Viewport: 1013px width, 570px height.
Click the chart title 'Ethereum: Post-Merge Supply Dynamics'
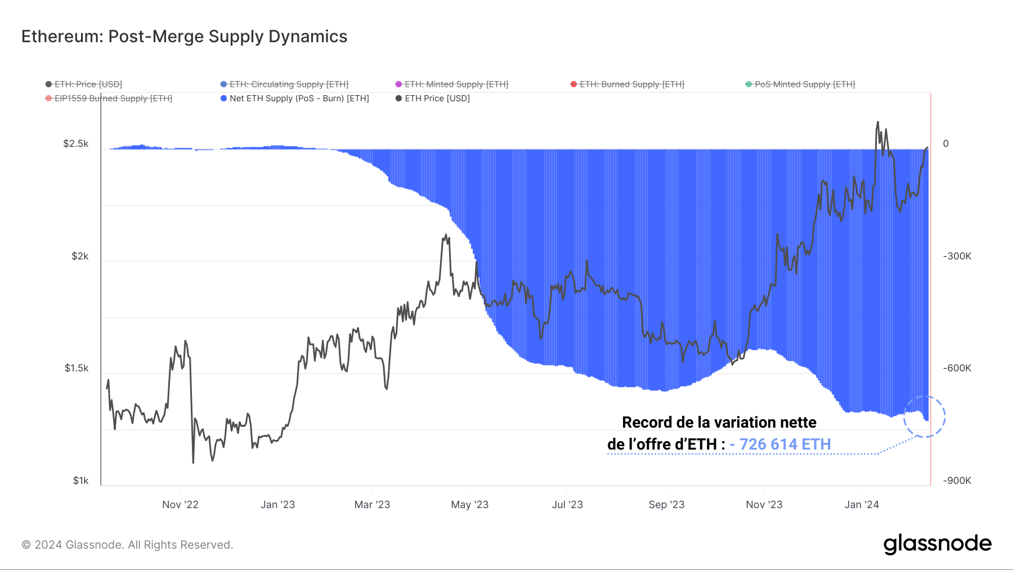[184, 37]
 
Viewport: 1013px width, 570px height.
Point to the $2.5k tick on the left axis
[76, 143]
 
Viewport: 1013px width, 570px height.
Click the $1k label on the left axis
[80, 481]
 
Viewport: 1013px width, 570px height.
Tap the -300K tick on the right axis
[957, 256]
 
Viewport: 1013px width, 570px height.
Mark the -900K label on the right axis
[957, 481]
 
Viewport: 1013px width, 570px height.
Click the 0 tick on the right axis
[945, 143]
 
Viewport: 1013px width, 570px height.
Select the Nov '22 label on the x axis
[180, 505]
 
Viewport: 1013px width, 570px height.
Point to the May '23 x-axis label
[470, 505]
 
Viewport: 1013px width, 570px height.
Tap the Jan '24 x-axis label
[862, 505]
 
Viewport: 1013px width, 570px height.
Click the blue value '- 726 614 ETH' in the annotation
[780, 445]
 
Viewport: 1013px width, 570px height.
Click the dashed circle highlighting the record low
[924, 416]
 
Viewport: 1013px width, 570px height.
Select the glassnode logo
[937, 544]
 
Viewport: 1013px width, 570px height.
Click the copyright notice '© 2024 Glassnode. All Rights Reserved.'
[127, 545]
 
